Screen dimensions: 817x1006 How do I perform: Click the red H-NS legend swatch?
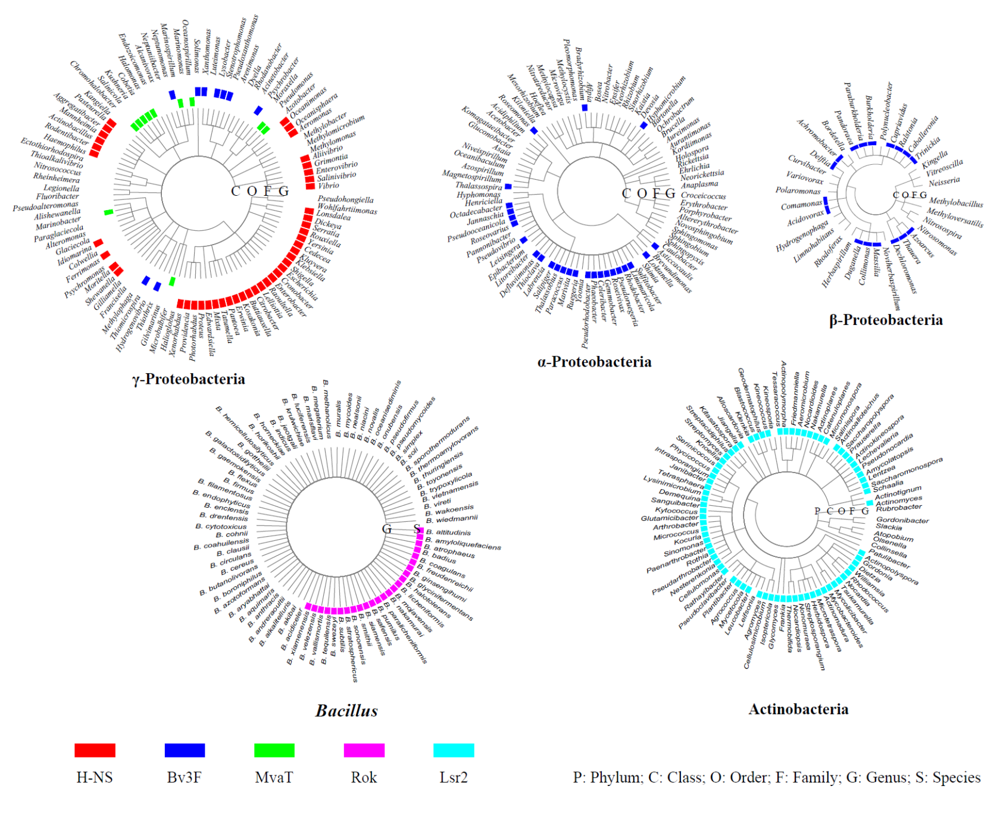point(95,750)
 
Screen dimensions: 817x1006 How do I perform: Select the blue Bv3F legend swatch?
point(185,750)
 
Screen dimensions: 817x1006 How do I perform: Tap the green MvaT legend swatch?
point(274,750)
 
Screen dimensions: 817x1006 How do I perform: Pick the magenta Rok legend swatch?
point(364,750)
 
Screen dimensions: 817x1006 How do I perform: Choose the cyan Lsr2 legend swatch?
point(454,750)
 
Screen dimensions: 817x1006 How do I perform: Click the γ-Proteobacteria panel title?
point(189,379)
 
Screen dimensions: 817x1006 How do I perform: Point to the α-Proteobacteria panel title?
point(594,362)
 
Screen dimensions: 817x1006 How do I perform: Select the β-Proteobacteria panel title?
point(886,320)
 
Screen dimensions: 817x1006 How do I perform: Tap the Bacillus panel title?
point(346,710)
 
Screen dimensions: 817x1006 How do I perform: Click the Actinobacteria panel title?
point(798,709)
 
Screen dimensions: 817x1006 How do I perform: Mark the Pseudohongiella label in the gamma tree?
point(345,199)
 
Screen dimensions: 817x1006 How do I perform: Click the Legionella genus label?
point(61,188)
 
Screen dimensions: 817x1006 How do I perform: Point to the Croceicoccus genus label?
point(704,196)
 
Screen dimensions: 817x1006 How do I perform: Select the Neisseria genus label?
point(944,182)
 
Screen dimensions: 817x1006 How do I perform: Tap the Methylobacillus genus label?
point(956,203)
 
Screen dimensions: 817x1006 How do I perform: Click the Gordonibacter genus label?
point(902,520)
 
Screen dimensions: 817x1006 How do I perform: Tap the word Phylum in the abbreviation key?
point(616,777)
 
